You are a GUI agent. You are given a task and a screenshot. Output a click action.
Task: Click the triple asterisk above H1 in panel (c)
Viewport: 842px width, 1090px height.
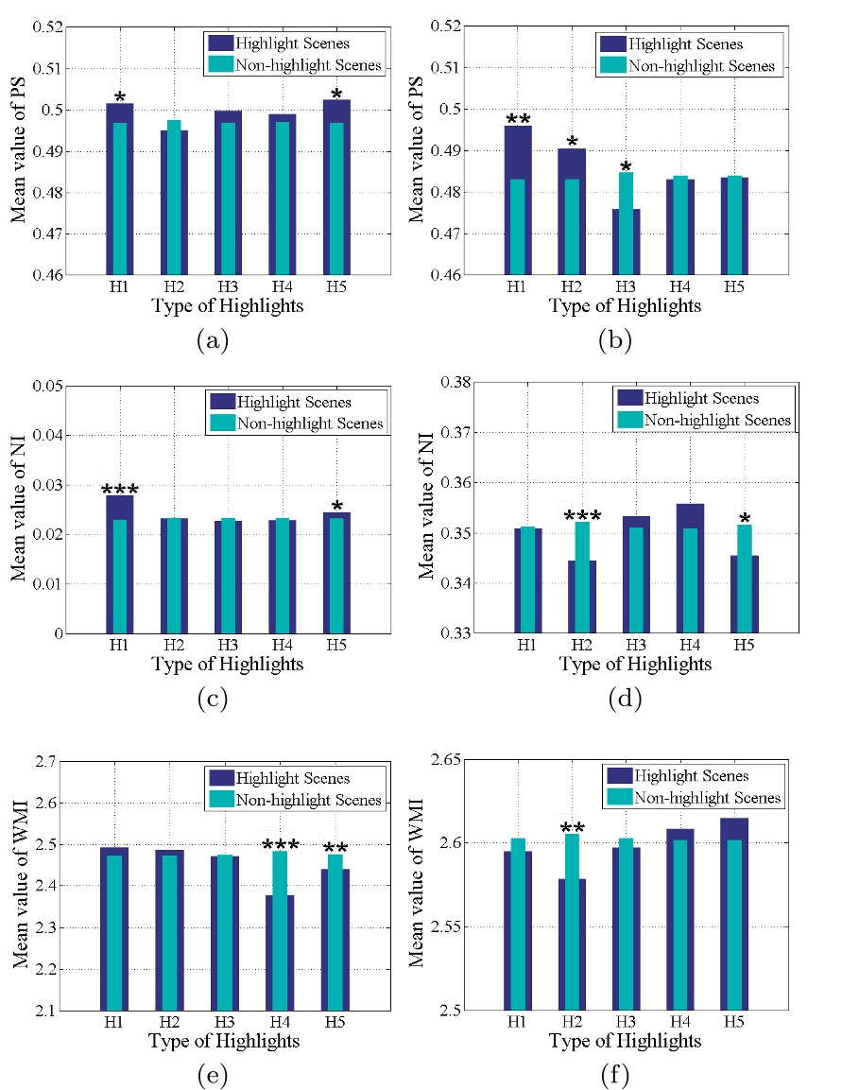click(x=120, y=490)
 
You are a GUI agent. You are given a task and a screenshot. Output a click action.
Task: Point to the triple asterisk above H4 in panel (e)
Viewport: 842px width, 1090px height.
click(x=281, y=845)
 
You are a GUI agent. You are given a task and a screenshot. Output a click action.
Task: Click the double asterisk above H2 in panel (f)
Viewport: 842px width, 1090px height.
click(x=573, y=830)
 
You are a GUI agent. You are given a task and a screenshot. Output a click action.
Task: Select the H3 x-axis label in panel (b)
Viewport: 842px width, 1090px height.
click(x=626, y=286)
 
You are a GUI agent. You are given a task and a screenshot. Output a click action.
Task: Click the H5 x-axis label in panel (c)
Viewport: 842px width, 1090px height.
click(x=336, y=645)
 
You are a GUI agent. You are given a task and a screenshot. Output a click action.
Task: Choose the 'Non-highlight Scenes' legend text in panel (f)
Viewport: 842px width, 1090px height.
click(x=708, y=798)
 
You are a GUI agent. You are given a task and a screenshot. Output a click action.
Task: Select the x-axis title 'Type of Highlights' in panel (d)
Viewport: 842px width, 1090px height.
click(x=635, y=665)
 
